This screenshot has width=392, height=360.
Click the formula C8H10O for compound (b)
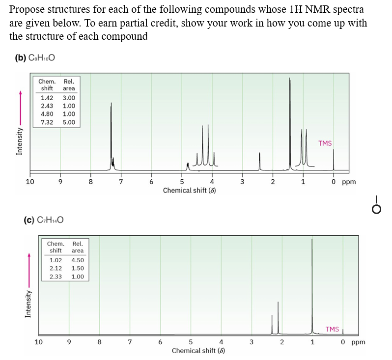pyautogui.click(x=42, y=58)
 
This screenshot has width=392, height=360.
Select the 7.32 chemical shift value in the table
pyautogui.click(x=47, y=122)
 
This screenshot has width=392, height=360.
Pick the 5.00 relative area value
pyautogui.click(x=69, y=122)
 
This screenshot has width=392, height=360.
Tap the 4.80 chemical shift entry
pyautogui.click(x=47, y=114)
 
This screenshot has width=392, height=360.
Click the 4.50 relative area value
pyautogui.click(x=78, y=260)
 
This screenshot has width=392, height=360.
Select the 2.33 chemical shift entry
pyautogui.click(x=56, y=277)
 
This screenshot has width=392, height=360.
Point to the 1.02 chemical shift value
pyautogui.click(x=56, y=260)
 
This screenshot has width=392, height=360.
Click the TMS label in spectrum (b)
pyautogui.click(x=325, y=143)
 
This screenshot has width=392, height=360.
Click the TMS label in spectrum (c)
pyautogui.click(x=332, y=329)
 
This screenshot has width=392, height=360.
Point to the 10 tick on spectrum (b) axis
pyautogui.click(x=29, y=182)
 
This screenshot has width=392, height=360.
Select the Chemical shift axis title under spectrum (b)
pyautogui.click(x=189, y=190)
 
